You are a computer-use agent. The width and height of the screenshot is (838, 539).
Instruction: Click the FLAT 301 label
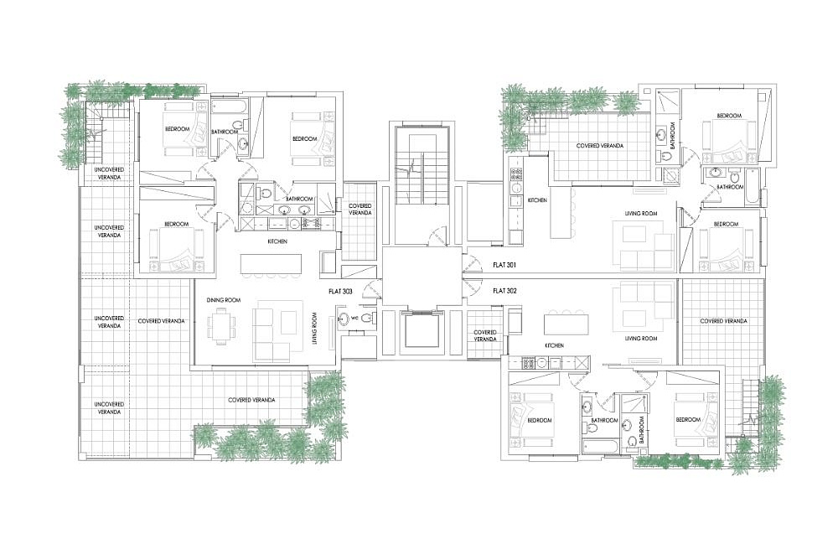click(504, 265)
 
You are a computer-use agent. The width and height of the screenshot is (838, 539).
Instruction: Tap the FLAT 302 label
click(504, 291)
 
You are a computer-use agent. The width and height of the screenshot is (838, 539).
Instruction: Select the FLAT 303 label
click(340, 292)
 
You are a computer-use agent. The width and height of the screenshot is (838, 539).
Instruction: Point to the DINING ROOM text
click(224, 300)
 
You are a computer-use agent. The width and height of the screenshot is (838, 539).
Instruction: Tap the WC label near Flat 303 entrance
click(354, 319)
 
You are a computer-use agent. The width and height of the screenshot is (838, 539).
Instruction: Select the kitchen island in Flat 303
click(271, 264)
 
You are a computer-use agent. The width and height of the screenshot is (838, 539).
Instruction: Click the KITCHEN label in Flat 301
click(537, 200)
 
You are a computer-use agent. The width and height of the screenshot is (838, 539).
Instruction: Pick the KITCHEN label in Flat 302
click(554, 346)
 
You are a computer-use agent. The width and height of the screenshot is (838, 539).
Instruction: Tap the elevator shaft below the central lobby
click(422, 332)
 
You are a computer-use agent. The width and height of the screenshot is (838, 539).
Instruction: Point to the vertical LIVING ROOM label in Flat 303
click(314, 330)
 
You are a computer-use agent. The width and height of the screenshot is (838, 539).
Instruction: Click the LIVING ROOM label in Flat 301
click(641, 214)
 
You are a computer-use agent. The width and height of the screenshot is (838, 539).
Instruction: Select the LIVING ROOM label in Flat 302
click(641, 339)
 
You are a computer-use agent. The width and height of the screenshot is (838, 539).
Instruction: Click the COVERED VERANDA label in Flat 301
click(600, 146)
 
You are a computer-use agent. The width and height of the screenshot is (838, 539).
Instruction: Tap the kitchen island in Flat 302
click(566, 324)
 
